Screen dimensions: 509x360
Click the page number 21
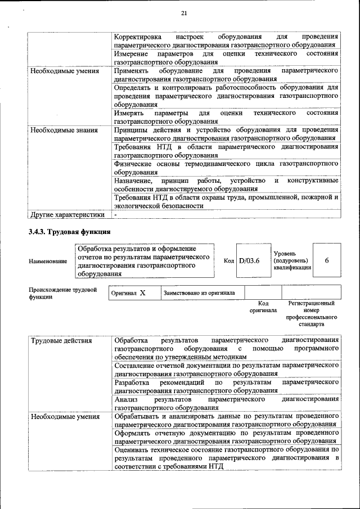[184, 13]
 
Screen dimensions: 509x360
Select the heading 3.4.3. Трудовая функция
[70, 232]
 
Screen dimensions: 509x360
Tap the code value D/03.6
[249, 260]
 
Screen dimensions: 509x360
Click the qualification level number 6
[326, 260]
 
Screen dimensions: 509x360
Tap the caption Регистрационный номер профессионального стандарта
[310, 314]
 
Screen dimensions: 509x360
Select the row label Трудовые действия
[61, 340]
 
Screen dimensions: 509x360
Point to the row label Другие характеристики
[67, 214]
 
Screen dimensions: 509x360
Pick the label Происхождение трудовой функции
[62, 293]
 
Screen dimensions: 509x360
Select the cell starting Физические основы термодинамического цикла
[226, 168]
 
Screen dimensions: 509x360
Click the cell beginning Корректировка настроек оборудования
[226, 40]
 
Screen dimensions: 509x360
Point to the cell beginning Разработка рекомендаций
[226, 386]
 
